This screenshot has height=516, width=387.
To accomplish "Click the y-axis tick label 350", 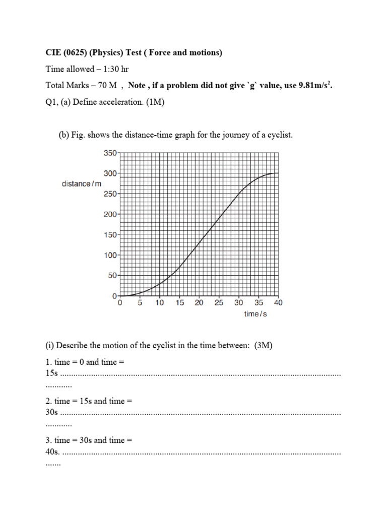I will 110,153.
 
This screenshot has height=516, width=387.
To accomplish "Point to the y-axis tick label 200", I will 110,214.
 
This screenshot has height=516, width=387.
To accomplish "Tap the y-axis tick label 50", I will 112,276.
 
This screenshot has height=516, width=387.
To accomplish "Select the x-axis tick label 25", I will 219,303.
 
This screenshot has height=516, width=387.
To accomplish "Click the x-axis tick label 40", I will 278,303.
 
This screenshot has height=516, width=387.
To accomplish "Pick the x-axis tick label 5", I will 140,303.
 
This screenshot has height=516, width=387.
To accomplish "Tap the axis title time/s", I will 255,314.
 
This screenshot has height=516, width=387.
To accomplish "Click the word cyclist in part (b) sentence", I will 279,135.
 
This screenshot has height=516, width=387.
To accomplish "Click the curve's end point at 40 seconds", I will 278,173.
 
